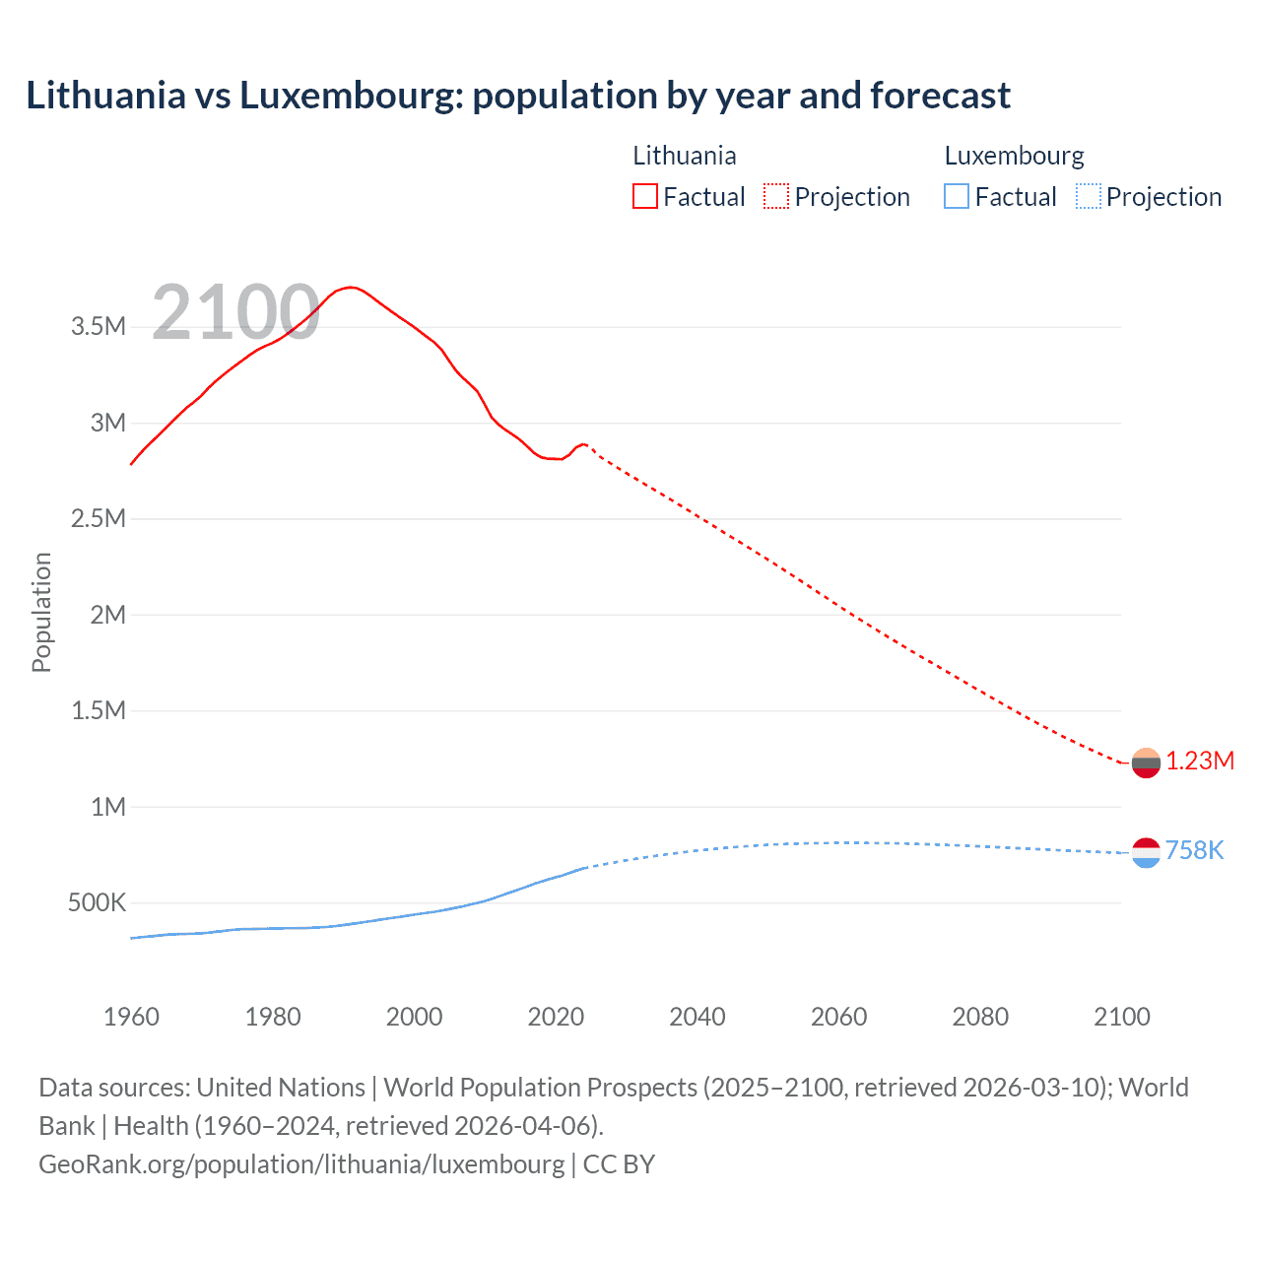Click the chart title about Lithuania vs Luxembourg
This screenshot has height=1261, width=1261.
coord(518,96)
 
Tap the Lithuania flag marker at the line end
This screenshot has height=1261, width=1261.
coord(1146,763)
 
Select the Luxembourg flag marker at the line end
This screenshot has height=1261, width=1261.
coord(1146,852)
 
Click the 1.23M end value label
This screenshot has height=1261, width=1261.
coord(1200,761)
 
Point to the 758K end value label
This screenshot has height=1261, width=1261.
coord(1194,850)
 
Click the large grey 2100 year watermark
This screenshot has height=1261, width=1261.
coord(235,312)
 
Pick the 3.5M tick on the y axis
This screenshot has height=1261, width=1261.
coord(99,327)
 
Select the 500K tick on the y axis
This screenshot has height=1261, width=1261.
coord(97,902)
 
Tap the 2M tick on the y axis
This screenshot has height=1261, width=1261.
coord(108,615)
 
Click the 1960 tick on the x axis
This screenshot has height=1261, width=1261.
coord(131,1017)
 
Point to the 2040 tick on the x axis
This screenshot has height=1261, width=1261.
coord(697,1017)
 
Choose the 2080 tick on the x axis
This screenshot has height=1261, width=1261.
coord(980,1017)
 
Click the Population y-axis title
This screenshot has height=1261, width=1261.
coord(41,612)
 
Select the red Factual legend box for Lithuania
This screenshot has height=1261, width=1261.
coord(645,196)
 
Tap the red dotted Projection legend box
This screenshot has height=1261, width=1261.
coord(776,196)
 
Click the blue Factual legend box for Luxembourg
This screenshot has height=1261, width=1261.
coord(957,196)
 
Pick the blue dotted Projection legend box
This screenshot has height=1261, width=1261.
coord(1088,196)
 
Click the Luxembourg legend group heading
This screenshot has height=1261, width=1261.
coord(1014,156)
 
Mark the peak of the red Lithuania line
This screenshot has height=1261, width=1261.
coord(351,287)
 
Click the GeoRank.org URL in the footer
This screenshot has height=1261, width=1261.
coord(301,1163)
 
